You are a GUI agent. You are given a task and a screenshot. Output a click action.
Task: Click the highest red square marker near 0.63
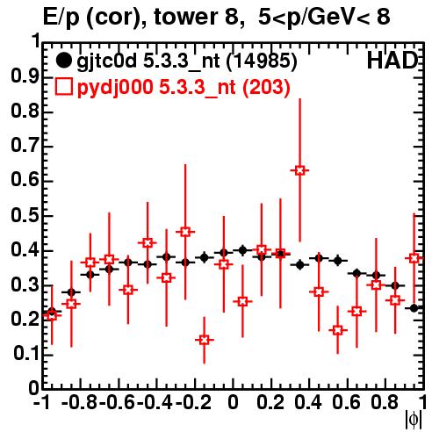(x=299, y=170)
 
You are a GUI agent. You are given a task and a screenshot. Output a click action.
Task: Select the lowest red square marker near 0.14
(x=205, y=340)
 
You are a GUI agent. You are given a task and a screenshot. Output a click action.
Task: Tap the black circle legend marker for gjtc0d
(x=63, y=61)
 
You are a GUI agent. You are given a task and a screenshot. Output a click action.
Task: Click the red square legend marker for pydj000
(x=63, y=87)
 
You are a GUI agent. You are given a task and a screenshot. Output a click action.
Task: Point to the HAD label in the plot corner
(x=392, y=61)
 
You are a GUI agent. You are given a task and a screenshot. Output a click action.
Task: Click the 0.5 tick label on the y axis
(x=25, y=216)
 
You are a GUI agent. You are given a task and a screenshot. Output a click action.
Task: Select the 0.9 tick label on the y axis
(x=25, y=76)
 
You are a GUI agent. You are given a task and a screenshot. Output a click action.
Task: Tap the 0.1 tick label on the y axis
(x=26, y=354)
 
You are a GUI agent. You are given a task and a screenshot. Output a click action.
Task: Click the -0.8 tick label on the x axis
(x=79, y=402)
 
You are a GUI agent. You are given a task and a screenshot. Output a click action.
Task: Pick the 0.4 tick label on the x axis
(x=308, y=402)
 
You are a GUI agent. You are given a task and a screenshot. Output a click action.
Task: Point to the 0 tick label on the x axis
(x=233, y=402)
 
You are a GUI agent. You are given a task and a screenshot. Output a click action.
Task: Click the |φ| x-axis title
(x=414, y=420)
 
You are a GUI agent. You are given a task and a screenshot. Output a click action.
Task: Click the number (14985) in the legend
(x=262, y=61)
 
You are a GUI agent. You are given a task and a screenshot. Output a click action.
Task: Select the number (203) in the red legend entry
(x=266, y=87)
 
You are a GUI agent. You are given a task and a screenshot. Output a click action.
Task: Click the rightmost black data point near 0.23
(x=414, y=308)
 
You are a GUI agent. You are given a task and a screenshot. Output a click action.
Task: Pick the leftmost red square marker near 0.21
(x=52, y=315)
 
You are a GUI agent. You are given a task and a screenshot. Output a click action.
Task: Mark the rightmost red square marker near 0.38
(x=414, y=258)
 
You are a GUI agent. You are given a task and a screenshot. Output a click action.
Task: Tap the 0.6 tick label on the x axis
(x=346, y=402)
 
